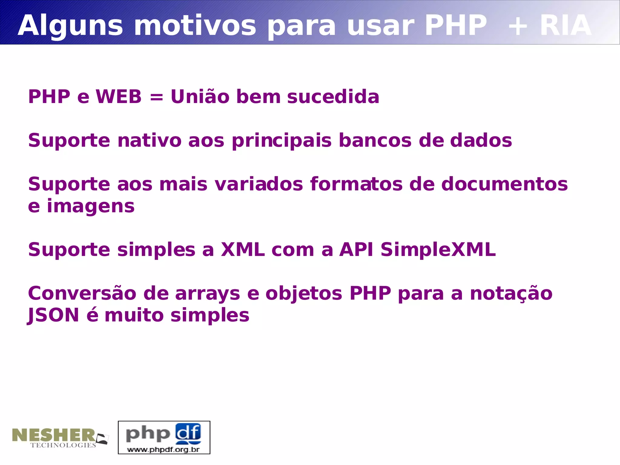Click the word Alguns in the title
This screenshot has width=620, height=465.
point(70,26)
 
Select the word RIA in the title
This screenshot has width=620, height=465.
point(566,26)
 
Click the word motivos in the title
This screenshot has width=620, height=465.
point(195,26)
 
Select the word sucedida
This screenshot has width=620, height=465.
point(333,97)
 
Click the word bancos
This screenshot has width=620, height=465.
point(375,141)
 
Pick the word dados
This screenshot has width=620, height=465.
point(481,141)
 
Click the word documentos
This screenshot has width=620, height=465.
point(504,184)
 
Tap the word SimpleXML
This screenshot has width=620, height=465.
point(438,250)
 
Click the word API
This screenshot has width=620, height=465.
point(356,250)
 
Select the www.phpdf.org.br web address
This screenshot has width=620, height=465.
point(163,449)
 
